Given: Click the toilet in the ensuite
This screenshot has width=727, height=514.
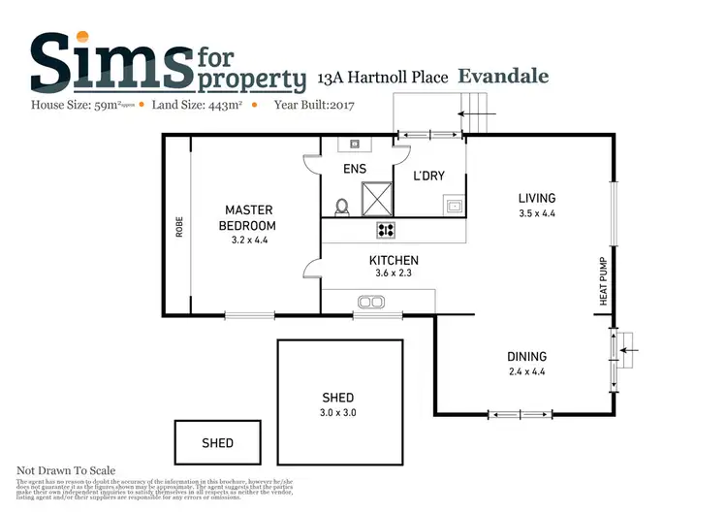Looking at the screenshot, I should click(341, 207).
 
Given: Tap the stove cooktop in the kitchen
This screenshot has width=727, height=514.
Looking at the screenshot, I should click(386, 230).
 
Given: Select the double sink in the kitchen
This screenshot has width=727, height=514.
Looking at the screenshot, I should click(369, 303).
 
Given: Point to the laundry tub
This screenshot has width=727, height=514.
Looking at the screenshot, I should click(452, 206).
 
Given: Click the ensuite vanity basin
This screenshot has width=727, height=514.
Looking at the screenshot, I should click(355, 145).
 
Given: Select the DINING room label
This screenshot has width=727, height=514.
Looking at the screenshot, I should click(526, 357).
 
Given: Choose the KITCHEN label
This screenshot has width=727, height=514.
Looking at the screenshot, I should click(394, 261).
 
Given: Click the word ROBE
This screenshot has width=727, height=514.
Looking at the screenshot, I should click(179, 226).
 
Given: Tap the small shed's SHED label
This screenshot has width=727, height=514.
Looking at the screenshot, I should click(217, 443).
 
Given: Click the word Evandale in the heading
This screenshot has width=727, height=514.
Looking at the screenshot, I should click(503, 76).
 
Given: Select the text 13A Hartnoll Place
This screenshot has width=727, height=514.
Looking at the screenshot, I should click(383, 78).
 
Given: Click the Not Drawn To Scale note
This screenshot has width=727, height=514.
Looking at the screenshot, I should click(66, 470).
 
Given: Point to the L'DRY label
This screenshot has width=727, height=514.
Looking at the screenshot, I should click(428, 176).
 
